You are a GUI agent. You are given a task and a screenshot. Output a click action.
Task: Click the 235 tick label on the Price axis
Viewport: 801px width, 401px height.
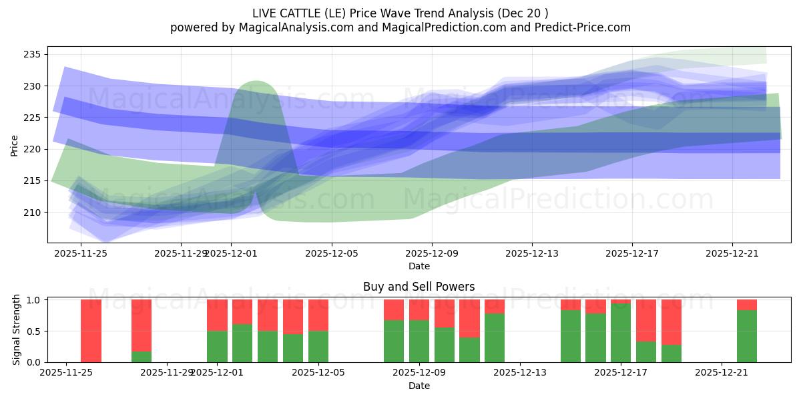pos(33,54)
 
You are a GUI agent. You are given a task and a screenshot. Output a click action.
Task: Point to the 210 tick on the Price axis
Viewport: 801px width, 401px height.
pos(33,213)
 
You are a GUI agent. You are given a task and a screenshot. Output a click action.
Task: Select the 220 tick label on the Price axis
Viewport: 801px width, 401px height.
pos(33,149)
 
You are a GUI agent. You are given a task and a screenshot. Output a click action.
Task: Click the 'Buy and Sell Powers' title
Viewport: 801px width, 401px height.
pos(419,287)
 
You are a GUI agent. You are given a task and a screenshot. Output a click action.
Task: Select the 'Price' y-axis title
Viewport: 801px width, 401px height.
pos(15,145)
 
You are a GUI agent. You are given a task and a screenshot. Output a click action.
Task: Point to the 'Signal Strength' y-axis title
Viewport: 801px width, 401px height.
pos(17,331)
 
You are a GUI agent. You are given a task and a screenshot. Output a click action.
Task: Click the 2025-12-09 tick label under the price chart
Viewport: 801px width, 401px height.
pos(432,253)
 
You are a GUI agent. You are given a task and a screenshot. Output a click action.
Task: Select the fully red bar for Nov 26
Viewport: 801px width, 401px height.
pos(91,331)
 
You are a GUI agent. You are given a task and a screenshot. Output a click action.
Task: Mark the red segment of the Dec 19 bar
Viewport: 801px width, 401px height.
pos(672,321)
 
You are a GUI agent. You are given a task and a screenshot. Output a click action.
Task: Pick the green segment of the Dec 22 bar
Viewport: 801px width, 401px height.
pos(747,336)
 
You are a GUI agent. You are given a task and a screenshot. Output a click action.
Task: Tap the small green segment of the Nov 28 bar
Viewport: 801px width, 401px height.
pos(142,357)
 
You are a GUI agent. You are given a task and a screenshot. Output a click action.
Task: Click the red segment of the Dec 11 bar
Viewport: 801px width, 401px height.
pos(469,318)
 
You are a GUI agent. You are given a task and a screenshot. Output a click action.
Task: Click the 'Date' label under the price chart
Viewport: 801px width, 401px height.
pos(419,266)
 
